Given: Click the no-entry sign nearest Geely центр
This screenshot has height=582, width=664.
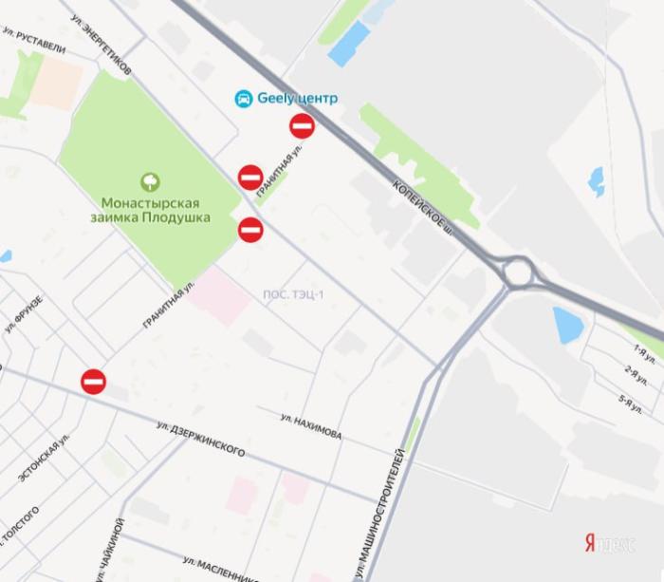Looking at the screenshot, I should [x=302, y=126].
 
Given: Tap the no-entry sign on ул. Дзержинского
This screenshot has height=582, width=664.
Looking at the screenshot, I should [x=93, y=381].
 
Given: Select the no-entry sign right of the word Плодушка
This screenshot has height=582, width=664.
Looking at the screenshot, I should [x=250, y=229].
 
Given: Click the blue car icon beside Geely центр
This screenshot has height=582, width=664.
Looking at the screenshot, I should [x=244, y=98].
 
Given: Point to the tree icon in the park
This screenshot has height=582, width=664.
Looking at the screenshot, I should [x=150, y=180].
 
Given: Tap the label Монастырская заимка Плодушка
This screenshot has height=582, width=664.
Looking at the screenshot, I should [x=152, y=209].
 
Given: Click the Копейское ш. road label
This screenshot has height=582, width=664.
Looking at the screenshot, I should [x=420, y=200].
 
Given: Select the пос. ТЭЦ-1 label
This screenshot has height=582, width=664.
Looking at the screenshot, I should [x=293, y=294].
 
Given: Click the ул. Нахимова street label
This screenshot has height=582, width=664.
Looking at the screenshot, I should [x=311, y=426].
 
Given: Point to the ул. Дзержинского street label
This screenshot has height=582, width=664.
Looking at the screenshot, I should [x=201, y=441].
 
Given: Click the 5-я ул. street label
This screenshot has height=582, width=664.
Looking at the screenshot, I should [x=630, y=404].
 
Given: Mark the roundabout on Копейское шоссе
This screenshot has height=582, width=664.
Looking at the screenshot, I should [x=518, y=272].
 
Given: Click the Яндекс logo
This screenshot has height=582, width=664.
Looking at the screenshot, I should [x=610, y=543].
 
